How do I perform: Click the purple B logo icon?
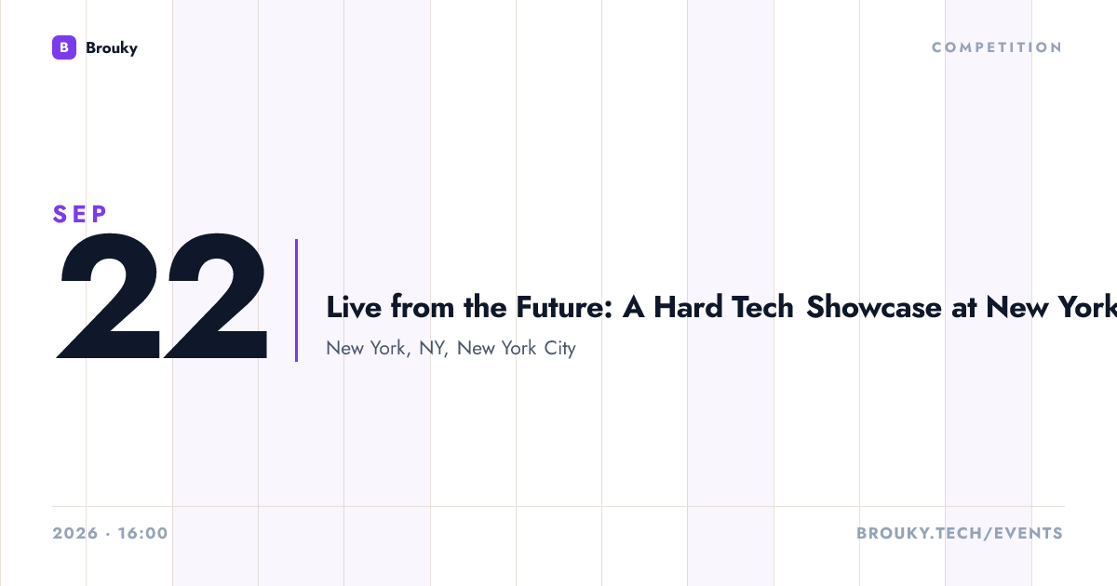point(64,47)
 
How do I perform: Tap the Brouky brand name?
point(112,48)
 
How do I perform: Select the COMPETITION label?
point(997,47)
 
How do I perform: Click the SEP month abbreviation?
point(80,214)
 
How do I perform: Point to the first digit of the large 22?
point(108,296)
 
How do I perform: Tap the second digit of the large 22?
point(215,296)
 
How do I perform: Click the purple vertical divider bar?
point(296,300)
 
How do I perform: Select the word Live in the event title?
point(354,306)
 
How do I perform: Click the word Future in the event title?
point(564,306)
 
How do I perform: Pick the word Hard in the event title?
point(688,306)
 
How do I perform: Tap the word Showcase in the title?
point(874,306)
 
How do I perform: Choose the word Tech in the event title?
point(762,306)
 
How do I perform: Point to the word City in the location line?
point(560,348)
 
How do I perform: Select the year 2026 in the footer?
point(75,533)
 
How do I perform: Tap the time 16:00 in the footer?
point(143,533)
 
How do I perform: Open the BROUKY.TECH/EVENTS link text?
point(960,533)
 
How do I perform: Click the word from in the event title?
point(423,306)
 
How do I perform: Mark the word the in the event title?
point(485,306)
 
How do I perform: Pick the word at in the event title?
point(963,308)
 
